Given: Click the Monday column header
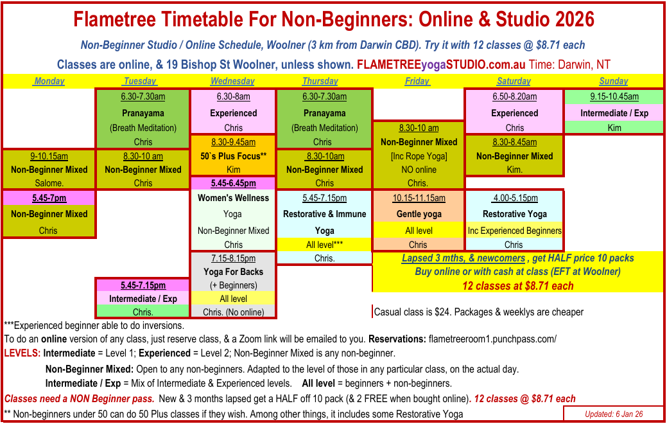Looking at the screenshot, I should click(49, 81).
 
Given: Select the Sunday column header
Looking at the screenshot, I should click(613, 81).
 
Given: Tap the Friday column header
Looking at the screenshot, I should click(417, 81).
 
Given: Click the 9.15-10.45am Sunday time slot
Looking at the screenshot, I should click(614, 97).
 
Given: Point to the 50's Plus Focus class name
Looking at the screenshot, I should click(234, 156).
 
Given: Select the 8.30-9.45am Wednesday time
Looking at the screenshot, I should click(234, 142).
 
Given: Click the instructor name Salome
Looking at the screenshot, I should click(49, 183).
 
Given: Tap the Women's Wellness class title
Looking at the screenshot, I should click(234, 198).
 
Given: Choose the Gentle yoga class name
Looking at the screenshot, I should click(418, 214).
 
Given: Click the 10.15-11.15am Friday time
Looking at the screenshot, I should click(418, 198).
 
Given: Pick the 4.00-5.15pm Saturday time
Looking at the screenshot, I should click(514, 198).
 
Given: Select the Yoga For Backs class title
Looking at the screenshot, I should click(234, 271).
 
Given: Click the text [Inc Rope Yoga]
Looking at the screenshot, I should click(418, 156).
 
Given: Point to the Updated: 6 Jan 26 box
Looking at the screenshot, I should click(613, 414).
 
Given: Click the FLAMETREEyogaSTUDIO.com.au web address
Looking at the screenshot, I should click(441, 65).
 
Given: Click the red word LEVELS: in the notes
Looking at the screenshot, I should click(23, 353).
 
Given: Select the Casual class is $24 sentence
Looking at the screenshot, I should click(478, 312).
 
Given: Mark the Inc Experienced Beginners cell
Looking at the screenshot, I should click(514, 231).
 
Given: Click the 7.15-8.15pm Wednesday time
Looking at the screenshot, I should click(234, 258).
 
